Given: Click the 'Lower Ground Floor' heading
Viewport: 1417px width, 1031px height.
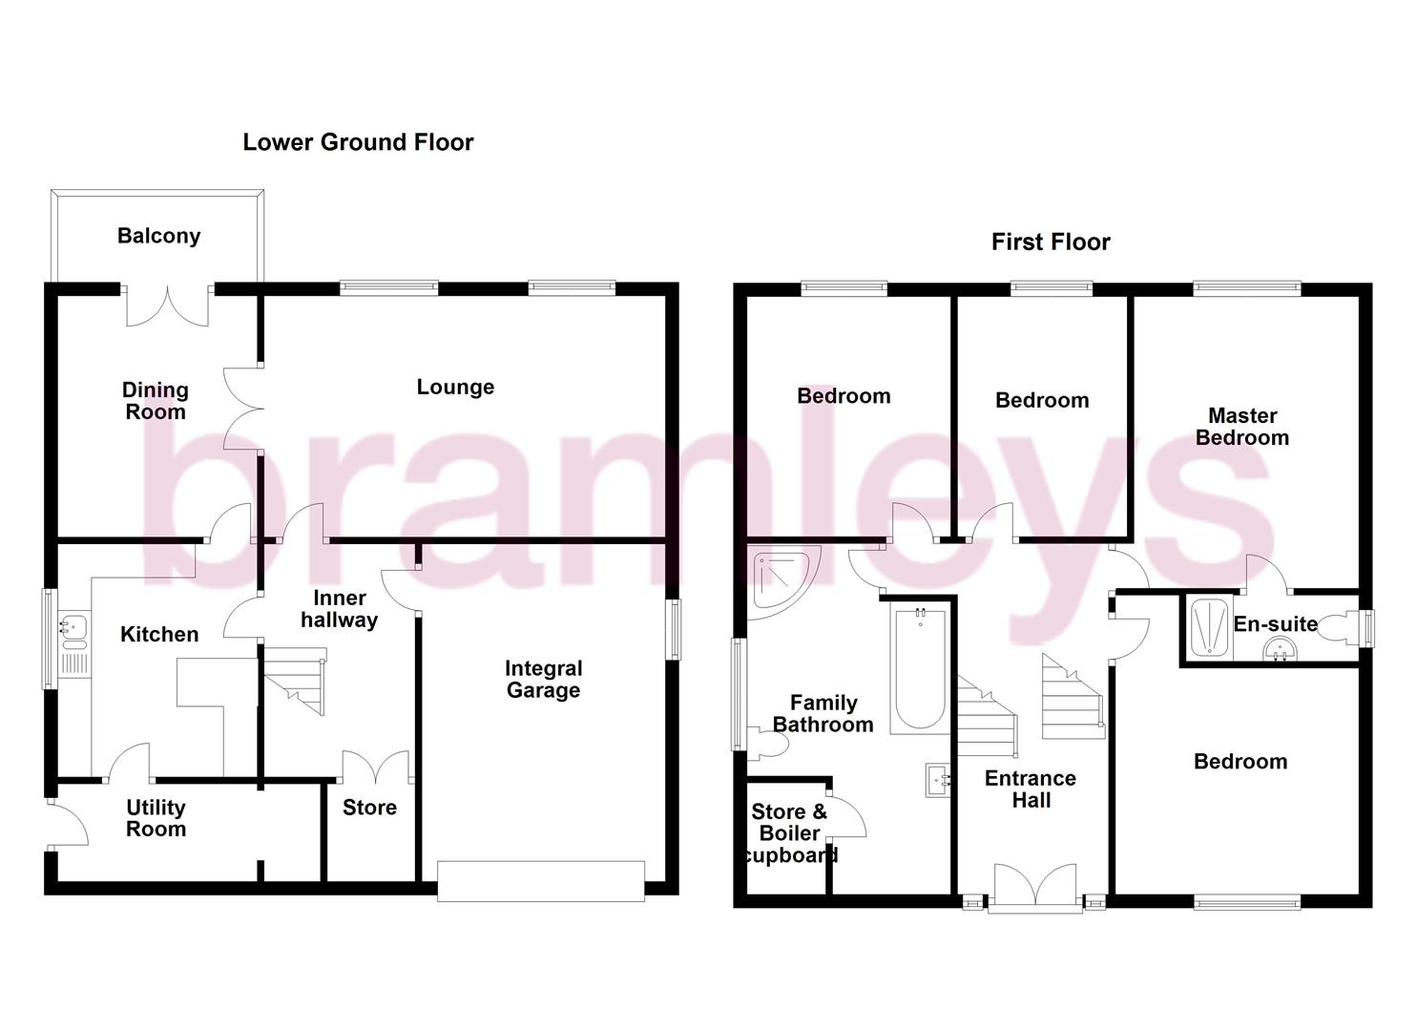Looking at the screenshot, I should pos(358,142).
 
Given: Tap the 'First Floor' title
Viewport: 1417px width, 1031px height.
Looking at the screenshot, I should pos(1051,242).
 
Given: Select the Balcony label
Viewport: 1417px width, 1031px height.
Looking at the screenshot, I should pos(158,236).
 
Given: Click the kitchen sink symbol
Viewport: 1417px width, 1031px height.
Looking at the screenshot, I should pos(73,627).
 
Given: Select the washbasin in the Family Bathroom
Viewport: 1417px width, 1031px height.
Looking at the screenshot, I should pos(938,781).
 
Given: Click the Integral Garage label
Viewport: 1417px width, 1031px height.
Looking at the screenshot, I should pos(543,680).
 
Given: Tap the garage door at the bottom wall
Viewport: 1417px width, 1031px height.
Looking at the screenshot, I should pos(541,880).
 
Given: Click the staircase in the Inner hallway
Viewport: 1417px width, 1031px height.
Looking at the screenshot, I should pos(297,680).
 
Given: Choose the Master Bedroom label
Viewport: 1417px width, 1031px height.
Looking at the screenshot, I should pos(1241,427).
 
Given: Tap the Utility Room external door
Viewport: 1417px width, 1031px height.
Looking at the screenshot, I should pos(67,823).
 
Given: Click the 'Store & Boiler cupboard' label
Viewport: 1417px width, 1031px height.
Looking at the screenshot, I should pos(789,833).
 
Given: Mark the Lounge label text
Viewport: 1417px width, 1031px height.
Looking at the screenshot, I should pos(455,387).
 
